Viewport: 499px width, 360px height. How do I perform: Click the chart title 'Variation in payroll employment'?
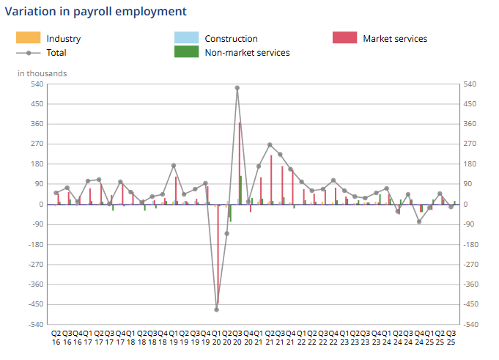(x=95, y=12)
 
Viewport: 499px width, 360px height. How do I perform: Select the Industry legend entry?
(x=63, y=39)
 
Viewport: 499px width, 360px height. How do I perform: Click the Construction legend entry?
(x=231, y=39)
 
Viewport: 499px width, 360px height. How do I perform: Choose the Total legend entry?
(x=56, y=53)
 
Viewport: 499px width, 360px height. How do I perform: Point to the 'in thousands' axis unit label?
(x=42, y=73)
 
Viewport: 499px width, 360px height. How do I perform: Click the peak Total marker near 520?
(x=237, y=88)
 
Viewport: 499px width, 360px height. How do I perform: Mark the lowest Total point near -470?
(x=216, y=309)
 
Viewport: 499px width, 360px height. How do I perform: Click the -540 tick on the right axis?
(x=472, y=324)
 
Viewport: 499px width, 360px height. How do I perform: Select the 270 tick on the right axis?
(x=470, y=144)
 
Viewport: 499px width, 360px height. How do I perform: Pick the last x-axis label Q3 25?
(x=451, y=337)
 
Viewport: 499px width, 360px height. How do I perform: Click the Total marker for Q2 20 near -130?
(x=227, y=233)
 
